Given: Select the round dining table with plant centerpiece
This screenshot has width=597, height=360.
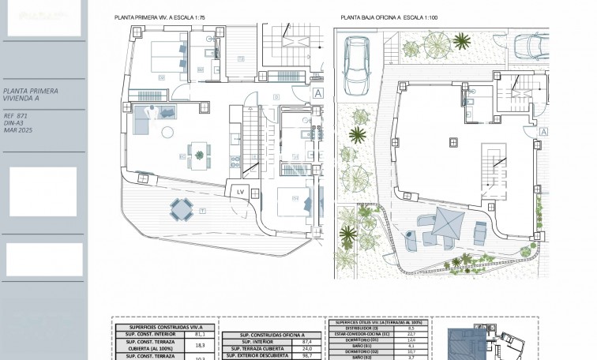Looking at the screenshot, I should (x=198, y=149).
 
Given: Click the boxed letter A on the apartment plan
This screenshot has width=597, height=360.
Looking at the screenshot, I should (x=318, y=92).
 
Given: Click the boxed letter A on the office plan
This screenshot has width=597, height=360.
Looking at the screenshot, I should (x=545, y=133).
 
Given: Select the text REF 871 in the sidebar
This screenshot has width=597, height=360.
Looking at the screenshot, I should (x=16, y=116).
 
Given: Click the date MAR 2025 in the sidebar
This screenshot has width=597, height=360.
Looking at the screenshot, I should (x=17, y=130).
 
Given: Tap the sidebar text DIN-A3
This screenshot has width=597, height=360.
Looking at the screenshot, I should (x=13, y=123).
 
